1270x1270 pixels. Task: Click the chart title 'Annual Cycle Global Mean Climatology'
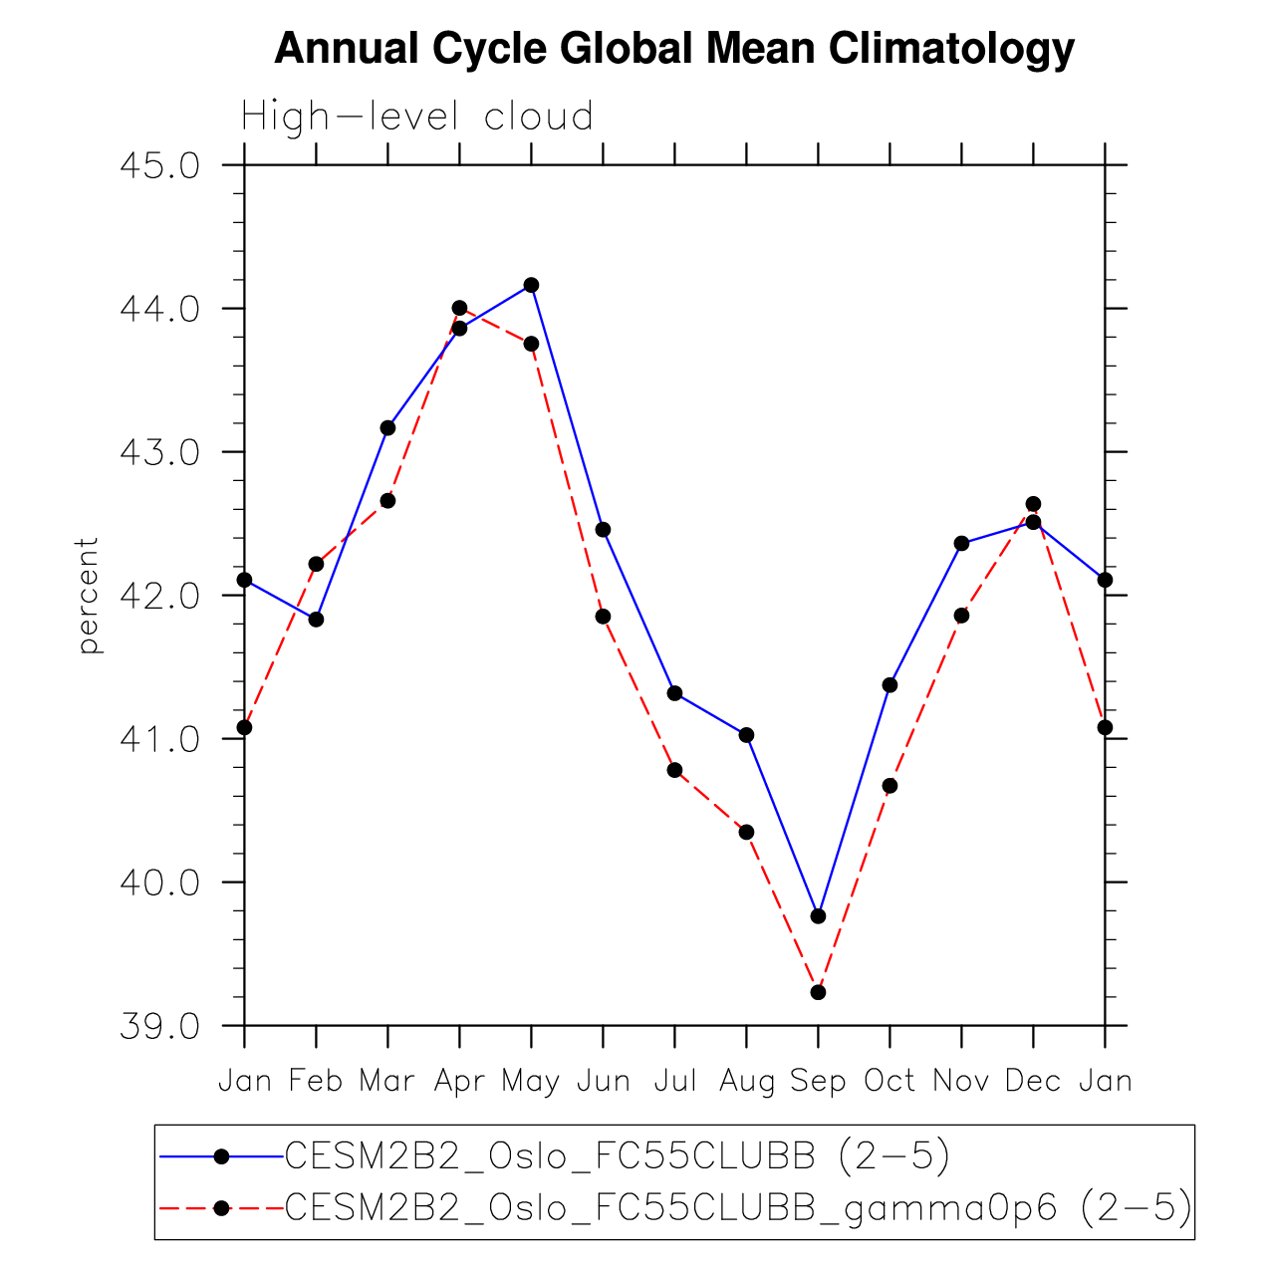pos(674,49)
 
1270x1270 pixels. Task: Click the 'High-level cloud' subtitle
pos(417,118)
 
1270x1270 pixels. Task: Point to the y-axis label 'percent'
pos(89,596)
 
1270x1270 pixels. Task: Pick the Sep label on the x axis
pos(818,1081)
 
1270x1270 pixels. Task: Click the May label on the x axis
pos(531,1081)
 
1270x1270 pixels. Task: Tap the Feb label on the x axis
pos(316,1081)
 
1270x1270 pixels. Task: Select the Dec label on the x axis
pos(1033,1081)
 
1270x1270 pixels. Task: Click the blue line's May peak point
pos(531,285)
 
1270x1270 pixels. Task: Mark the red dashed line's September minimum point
pos(818,992)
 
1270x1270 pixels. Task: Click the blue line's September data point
pos(818,916)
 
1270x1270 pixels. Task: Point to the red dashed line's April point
pos(459,308)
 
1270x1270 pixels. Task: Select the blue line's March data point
pos(387,428)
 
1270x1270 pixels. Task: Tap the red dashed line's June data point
pos(603,617)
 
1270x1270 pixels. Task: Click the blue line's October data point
pos(889,685)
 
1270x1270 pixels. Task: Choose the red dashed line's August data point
pos(746,832)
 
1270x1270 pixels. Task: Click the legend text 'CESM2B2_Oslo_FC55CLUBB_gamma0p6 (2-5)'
pos(738,1207)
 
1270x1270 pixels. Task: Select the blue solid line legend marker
pos(221,1156)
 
